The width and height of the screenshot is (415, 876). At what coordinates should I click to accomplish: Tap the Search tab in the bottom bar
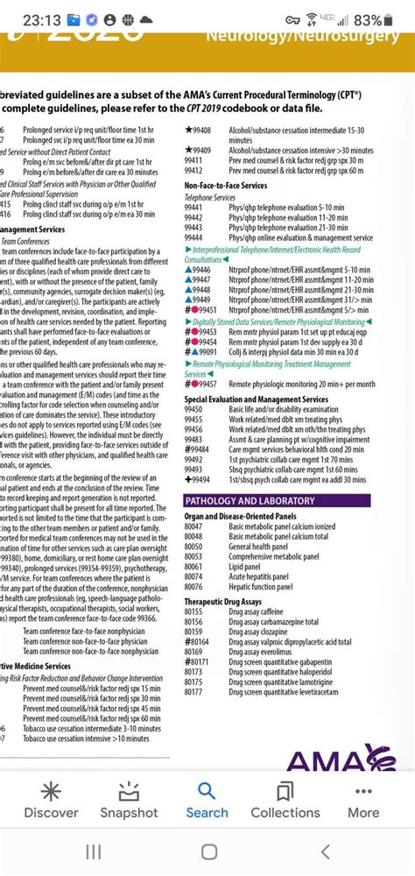point(207,801)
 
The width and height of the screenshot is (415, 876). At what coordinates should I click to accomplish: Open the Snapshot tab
point(129,801)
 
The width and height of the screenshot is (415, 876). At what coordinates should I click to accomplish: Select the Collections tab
point(285,801)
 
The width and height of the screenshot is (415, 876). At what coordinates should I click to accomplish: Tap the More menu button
point(362,801)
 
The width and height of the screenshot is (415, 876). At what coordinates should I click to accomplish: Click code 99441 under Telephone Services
point(194,208)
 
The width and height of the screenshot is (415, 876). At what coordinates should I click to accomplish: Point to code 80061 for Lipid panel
point(194,567)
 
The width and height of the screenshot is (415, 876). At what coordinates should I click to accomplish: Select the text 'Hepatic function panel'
point(261,586)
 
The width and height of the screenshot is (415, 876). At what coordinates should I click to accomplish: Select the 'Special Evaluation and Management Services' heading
point(256,399)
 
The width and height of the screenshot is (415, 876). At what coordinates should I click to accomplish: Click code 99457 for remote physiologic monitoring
point(200,384)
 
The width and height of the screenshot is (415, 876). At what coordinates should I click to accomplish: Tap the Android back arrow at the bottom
point(324,851)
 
